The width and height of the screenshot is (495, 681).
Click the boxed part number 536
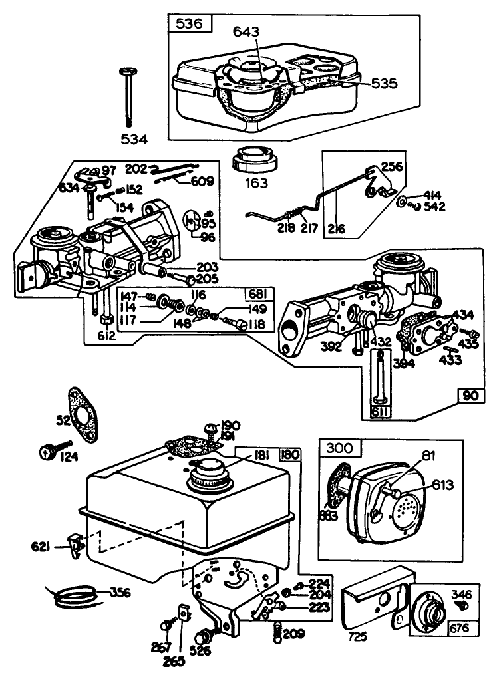(189, 25)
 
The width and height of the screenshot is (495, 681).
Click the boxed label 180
(291, 455)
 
